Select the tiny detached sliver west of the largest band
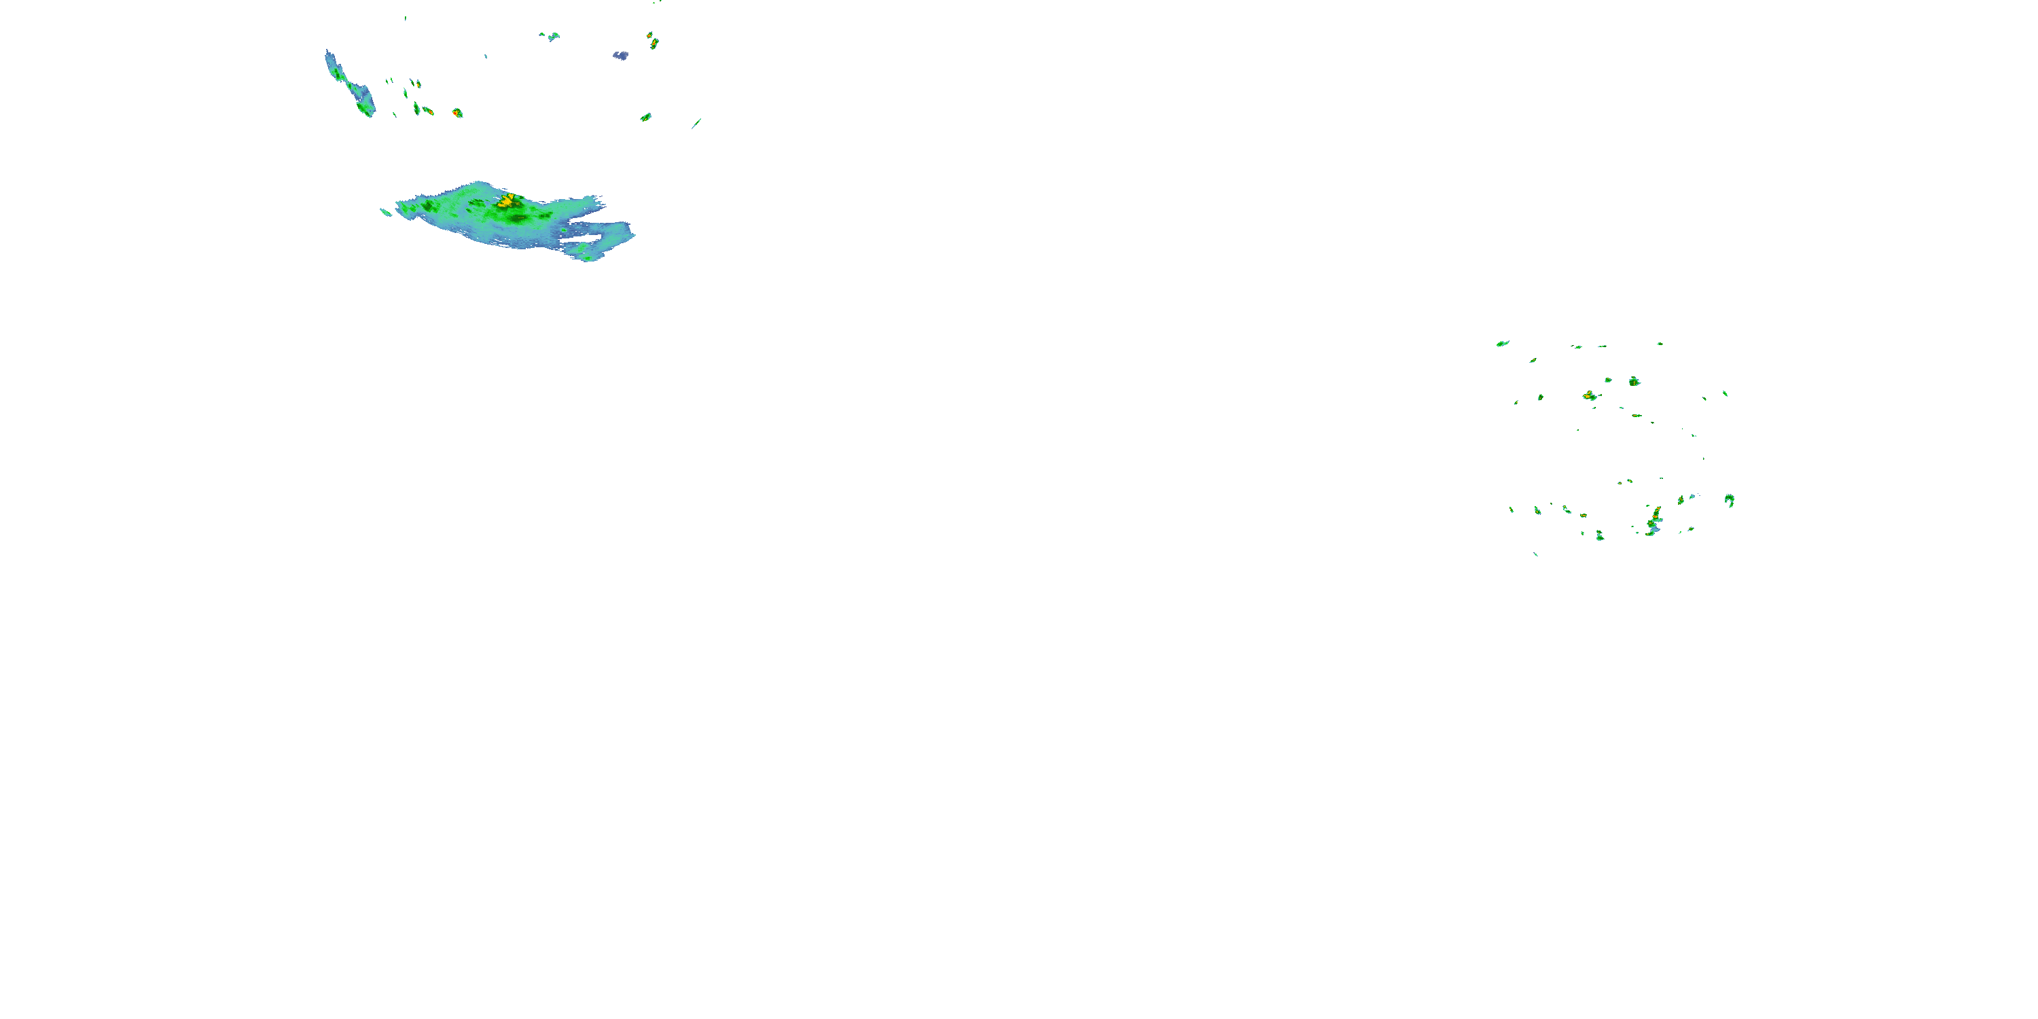385,211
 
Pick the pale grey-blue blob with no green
621,56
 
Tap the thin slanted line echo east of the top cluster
696,124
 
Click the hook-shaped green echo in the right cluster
1730,500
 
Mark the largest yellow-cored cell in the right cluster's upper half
1590,395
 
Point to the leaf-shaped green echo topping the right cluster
1503,343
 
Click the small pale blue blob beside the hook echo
1692,497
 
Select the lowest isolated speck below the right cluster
1535,554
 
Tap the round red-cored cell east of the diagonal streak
457,113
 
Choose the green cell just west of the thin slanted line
645,117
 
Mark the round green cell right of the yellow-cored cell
1634,381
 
